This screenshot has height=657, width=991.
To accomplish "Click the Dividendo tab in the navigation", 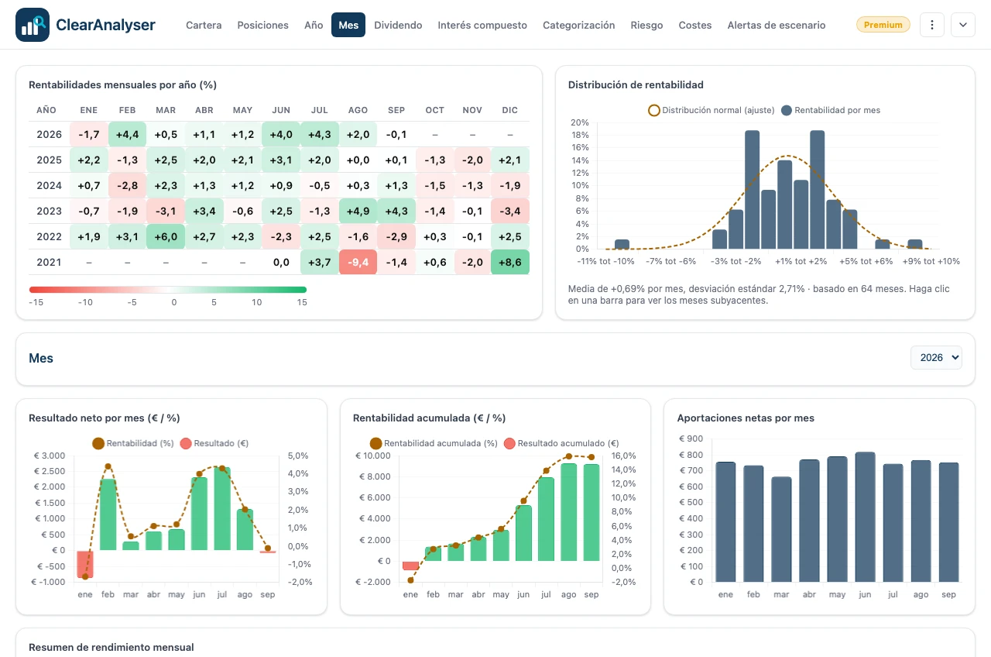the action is tap(398, 25).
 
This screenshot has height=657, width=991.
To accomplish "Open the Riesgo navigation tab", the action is tap(646, 25).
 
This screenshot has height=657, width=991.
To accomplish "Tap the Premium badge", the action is tap(883, 25).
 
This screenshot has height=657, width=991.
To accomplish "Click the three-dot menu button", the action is tap(931, 25).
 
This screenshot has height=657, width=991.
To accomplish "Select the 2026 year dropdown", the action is tap(936, 358).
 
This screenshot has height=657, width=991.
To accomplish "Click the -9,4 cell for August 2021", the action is tap(358, 262).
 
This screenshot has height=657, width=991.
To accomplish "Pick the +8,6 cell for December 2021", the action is tap(509, 262).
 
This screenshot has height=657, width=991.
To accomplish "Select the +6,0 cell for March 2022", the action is tap(166, 236).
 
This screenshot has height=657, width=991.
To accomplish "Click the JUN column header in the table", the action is tap(281, 110).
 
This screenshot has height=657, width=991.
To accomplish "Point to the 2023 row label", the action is tap(49, 212).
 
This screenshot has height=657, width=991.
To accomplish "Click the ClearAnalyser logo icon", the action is tap(33, 25).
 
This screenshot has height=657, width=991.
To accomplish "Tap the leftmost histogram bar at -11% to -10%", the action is tap(622, 244).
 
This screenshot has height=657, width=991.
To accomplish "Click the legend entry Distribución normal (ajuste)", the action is tap(712, 110).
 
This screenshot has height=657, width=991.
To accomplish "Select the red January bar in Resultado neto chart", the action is tap(85, 564).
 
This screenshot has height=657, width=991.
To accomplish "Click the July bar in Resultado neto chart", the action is tap(222, 509).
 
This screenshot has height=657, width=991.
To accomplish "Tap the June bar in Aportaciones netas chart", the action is tap(865, 517).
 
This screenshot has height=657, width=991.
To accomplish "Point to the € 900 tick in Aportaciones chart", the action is tap(691, 439).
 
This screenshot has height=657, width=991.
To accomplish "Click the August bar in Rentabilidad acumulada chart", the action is tap(568, 512).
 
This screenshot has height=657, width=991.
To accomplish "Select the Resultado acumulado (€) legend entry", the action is tap(561, 443).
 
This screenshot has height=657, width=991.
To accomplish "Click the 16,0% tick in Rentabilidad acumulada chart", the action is tap(623, 456).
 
